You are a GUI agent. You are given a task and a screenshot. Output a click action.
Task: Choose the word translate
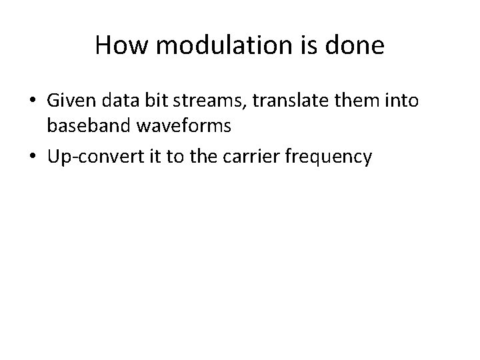(x=269, y=101)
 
